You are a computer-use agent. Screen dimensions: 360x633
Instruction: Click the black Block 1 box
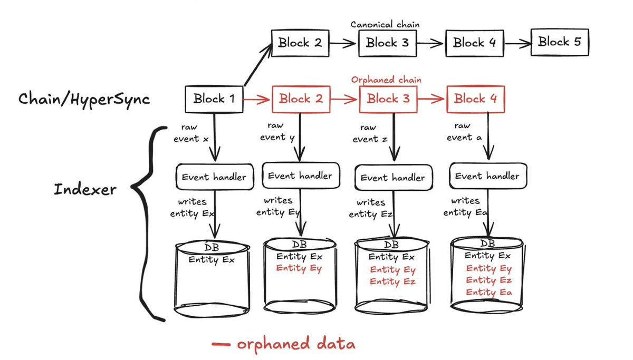[214, 99]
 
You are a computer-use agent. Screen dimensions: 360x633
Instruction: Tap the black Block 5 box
[559, 42]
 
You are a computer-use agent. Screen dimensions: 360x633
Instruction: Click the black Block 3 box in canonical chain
[387, 42]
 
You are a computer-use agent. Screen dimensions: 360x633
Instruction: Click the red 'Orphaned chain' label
[386, 80]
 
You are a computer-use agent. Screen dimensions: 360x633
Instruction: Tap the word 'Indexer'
[84, 190]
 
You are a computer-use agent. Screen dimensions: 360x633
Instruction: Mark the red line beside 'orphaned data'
[221, 345]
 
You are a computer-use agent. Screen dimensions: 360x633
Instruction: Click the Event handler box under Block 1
[214, 177]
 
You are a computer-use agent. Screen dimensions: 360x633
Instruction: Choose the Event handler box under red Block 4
[487, 176]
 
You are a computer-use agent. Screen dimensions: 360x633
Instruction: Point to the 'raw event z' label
[366, 133]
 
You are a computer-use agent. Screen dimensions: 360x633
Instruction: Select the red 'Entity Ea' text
[488, 293]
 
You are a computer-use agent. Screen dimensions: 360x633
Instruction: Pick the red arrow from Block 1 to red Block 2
[257, 99]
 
